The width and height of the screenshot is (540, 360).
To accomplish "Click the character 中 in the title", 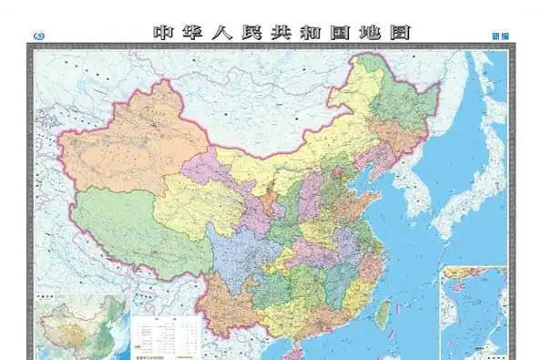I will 164,32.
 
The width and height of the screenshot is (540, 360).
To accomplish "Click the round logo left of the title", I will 37,35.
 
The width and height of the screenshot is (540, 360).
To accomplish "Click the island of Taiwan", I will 383,314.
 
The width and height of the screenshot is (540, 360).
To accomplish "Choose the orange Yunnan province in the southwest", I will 223,301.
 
